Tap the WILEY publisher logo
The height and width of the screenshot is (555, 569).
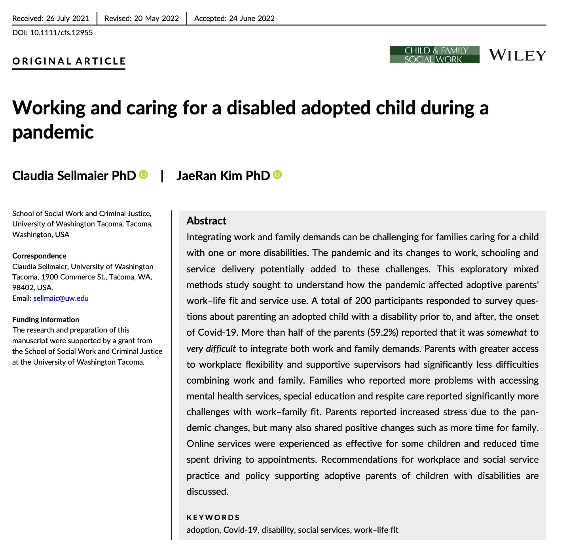click(517, 55)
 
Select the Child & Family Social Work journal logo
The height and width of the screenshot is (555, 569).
click(434, 55)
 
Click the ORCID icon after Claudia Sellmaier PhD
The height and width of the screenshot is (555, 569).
click(144, 175)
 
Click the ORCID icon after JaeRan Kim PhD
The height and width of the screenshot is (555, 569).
click(278, 175)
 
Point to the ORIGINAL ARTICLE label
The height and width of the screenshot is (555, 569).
click(69, 61)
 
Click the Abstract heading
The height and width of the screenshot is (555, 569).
click(206, 221)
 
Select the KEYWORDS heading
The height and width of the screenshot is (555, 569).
click(213, 517)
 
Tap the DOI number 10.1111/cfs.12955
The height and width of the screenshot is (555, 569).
click(61, 33)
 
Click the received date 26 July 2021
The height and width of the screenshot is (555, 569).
click(68, 18)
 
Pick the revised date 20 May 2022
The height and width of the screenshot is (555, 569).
click(156, 18)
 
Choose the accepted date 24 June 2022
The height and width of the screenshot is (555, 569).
click(252, 18)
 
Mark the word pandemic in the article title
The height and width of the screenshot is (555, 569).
click(53, 132)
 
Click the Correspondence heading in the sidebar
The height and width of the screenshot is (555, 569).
click(39, 256)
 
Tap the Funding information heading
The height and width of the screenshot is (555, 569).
click(46, 319)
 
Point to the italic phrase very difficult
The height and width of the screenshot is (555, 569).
click(211, 349)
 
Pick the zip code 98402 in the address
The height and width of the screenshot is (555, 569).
click(23, 287)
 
